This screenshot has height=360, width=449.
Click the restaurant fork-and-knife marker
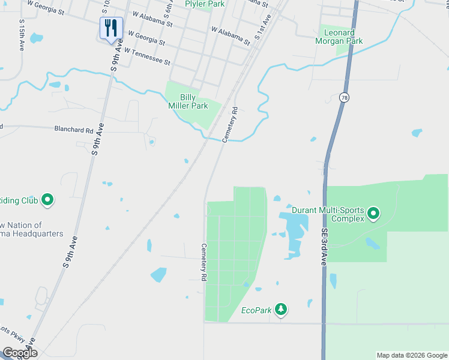click(x=111, y=28)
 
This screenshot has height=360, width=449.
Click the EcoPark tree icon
click(x=280, y=310)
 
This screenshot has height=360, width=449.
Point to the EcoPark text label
click(x=256, y=310)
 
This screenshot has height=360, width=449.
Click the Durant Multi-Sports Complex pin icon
click(x=373, y=214)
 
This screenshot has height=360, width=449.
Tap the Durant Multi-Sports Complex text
click(x=328, y=214)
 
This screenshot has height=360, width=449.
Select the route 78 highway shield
click(x=343, y=98)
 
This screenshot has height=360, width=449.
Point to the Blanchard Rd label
click(x=74, y=129)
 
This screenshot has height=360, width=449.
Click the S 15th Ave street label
click(x=22, y=37)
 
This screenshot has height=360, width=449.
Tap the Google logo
click(x=20, y=353)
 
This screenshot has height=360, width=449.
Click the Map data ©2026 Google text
click(x=411, y=355)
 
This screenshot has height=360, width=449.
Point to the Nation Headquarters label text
click(x=30, y=229)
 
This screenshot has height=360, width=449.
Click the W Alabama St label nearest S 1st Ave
click(x=231, y=36)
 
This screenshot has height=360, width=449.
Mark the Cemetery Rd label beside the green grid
click(x=204, y=263)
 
